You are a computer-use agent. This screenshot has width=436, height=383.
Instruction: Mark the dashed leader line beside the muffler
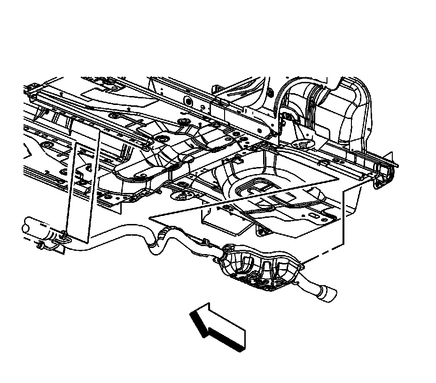[324, 254]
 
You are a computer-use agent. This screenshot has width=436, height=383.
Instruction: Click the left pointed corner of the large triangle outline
[150, 218]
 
